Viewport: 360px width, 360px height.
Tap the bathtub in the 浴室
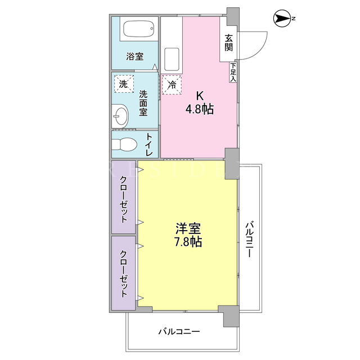coord(139,29)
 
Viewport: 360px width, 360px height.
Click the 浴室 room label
coord(134,56)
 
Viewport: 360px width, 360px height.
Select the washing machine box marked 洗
coord(124,84)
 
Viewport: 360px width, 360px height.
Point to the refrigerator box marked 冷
coord(172,85)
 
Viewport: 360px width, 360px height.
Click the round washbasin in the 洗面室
coord(120,116)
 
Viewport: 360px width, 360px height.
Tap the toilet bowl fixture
coord(124,145)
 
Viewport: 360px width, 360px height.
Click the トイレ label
coord(149,145)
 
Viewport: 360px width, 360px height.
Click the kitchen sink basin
coord(172,60)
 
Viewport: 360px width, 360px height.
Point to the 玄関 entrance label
coord(228,43)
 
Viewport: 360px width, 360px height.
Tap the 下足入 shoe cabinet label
coord(233,72)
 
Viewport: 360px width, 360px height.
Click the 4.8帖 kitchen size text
coord(200,109)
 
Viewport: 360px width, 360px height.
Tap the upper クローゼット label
coord(124,199)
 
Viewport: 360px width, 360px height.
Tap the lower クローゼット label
coord(124,274)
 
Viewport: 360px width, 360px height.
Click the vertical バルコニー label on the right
coord(250,238)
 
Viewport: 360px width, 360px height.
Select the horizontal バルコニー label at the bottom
coord(179,331)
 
